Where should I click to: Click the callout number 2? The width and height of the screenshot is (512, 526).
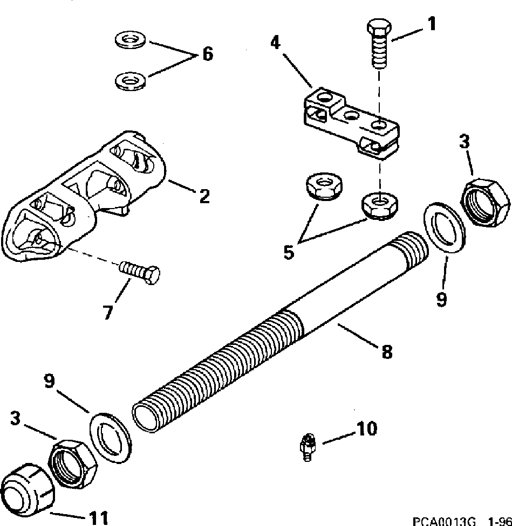pos(203,197)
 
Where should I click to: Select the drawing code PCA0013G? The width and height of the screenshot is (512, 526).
pos(443,521)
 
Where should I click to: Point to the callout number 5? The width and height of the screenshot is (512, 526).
pos(289,252)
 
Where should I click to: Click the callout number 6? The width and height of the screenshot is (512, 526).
pos(207,54)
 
